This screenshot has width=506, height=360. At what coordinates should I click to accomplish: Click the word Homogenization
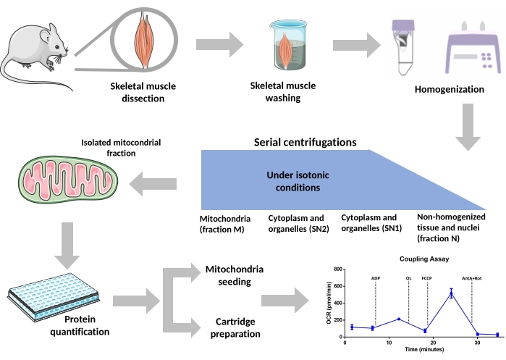point(449,90)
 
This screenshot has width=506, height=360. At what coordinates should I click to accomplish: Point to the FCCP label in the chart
point(427,277)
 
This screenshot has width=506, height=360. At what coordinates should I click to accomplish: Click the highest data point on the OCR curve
point(451,293)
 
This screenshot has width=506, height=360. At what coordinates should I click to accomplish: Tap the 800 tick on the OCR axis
point(337,269)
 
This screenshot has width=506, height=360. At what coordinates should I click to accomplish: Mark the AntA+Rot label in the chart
point(472,277)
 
